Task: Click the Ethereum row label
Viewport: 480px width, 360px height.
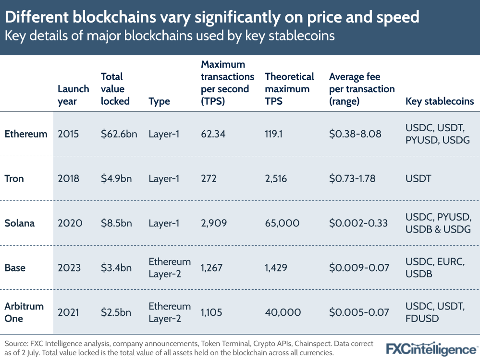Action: [x=26, y=134]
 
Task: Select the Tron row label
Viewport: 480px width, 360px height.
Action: [x=14, y=179]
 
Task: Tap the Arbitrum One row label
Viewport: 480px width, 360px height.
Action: [x=24, y=312]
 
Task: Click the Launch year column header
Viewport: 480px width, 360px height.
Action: [x=73, y=95]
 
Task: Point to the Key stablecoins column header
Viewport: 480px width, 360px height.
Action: [x=440, y=101]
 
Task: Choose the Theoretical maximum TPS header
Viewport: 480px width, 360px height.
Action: [x=289, y=89]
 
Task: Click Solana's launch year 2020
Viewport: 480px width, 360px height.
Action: [x=70, y=223]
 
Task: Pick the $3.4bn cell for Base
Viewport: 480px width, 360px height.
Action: [x=116, y=268]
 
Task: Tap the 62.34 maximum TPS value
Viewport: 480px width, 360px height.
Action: [x=213, y=134]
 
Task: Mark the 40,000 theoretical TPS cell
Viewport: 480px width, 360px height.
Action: [x=283, y=312]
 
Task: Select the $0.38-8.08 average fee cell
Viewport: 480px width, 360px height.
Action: [x=355, y=134]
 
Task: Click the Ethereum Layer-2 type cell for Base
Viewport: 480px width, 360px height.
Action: [x=170, y=268]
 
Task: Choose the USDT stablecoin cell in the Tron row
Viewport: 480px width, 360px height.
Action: [x=418, y=179]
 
